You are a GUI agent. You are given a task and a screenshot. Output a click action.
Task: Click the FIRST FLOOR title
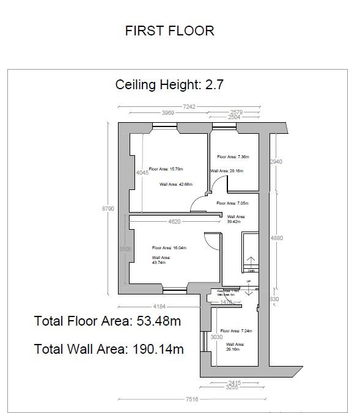[x=169, y=31]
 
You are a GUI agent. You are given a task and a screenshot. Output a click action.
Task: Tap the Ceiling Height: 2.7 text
[x=169, y=84]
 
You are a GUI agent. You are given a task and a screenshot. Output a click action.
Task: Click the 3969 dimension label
[x=169, y=113]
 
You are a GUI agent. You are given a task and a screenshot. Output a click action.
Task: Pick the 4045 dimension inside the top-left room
[x=142, y=173]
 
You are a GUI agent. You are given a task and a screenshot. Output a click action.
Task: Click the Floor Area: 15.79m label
[x=166, y=169]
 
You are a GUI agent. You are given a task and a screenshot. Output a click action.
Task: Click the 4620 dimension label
[x=174, y=222]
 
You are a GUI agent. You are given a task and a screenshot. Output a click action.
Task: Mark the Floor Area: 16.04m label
[x=169, y=248]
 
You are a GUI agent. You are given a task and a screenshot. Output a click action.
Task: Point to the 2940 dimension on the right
[x=276, y=162]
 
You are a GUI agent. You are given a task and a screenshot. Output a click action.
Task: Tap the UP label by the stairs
[x=248, y=282]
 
